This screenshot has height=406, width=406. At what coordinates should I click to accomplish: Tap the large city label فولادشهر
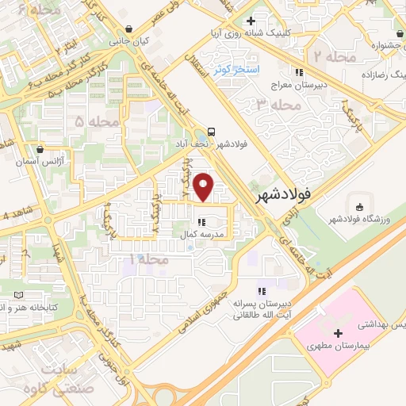(289, 193)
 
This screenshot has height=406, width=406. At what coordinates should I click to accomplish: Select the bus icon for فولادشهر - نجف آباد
(211, 132)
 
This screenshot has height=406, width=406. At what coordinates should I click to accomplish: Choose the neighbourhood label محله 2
(327, 57)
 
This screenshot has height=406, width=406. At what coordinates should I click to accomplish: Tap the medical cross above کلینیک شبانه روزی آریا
(251, 21)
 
